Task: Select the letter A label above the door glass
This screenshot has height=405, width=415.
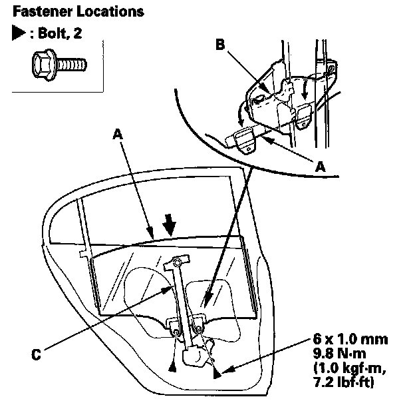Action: point(117,133)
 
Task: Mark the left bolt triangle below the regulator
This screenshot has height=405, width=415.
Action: point(172,366)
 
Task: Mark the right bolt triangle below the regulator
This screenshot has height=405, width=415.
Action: point(217,374)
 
